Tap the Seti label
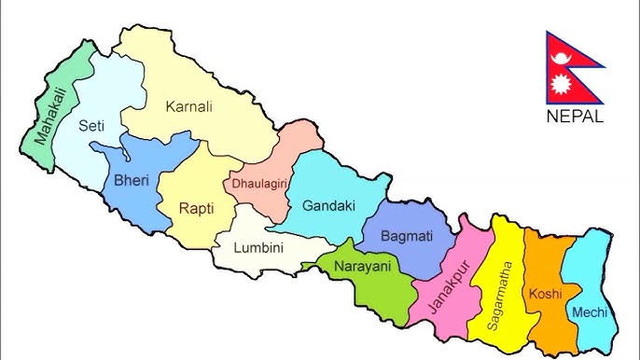90,125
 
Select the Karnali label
188,106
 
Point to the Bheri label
131,180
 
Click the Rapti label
196,208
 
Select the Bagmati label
407,237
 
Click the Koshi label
545,293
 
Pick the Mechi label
591,312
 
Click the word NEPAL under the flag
575,117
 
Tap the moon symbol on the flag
559,58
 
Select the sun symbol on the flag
561,85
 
